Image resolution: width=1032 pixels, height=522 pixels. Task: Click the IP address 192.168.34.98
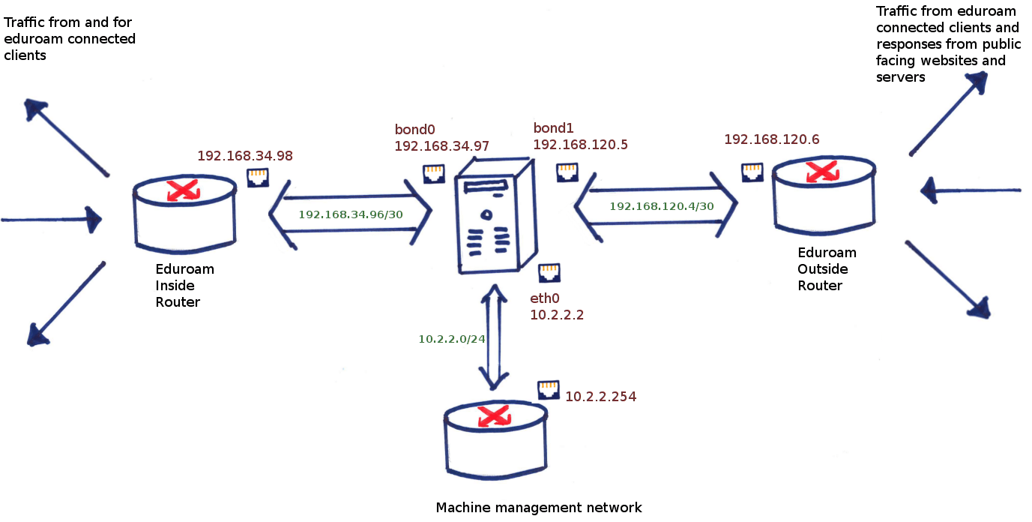point(244,156)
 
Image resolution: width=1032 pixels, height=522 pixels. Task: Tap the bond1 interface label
point(553,127)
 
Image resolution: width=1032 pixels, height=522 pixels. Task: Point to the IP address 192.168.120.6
point(772,139)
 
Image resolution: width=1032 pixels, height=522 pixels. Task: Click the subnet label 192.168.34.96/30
point(351,214)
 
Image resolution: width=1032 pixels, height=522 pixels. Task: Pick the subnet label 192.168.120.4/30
point(661,205)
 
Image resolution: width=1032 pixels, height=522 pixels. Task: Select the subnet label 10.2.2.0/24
point(452,339)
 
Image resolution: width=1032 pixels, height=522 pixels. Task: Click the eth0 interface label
point(546,299)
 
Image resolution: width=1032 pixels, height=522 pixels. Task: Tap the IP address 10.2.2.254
point(600,397)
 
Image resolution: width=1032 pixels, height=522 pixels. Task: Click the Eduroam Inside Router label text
point(184,286)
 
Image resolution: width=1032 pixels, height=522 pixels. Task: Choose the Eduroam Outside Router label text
point(826,269)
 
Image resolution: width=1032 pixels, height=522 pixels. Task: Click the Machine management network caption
point(539,508)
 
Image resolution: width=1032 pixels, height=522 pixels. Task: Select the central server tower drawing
point(495,217)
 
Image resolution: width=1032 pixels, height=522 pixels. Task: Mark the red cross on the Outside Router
point(821,172)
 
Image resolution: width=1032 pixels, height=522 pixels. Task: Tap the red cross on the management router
point(492,415)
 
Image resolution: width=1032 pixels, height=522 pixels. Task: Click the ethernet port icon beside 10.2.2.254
point(549,390)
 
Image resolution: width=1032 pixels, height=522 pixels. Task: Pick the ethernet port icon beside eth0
point(549,273)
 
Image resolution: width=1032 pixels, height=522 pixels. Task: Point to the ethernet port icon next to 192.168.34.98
point(258,177)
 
